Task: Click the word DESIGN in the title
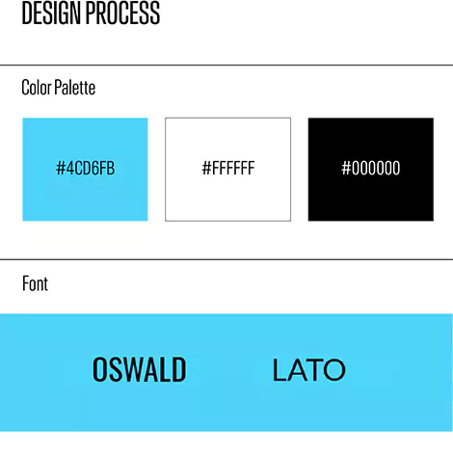(51, 13)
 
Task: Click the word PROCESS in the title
(123, 13)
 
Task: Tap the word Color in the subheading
(37, 87)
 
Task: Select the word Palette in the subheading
(75, 87)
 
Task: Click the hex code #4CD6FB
(85, 168)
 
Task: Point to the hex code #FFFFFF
(228, 168)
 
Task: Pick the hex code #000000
(371, 168)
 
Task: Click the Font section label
(35, 283)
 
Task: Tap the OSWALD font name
(140, 369)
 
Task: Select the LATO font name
(309, 370)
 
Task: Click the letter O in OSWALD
(99, 369)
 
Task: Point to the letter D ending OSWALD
(178, 369)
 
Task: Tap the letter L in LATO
(279, 370)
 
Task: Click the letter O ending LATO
(334, 370)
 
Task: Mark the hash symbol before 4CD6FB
(61, 168)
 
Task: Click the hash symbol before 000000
(346, 168)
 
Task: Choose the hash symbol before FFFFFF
(206, 168)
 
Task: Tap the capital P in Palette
(58, 87)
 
